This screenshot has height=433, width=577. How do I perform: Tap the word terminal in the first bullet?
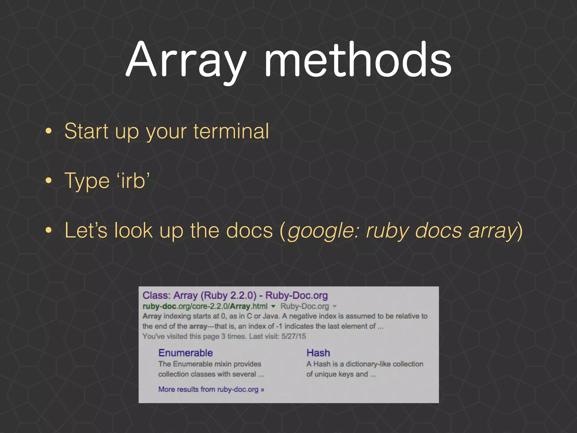pyautogui.click(x=231, y=131)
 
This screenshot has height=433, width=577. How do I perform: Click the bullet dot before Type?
pyautogui.click(x=49, y=181)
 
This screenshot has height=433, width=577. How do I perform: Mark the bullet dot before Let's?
pyautogui.click(x=49, y=230)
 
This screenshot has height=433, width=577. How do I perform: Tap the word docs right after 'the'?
pyautogui.click(x=249, y=231)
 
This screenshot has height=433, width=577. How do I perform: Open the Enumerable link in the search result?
pyautogui.click(x=185, y=353)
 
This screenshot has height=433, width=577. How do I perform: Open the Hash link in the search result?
pyautogui.click(x=318, y=353)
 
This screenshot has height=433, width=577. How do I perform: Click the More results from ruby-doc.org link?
pyautogui.click(x=211, y=389)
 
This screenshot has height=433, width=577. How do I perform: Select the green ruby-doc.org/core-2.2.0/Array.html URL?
pyautogui.click(x=205, y=306)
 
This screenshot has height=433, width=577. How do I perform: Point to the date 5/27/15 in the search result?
pyautogui.click(x=294, y=336)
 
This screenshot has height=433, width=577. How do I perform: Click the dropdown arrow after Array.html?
pyautogui.click(x=273, y=306)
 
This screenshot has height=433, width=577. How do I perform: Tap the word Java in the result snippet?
pyautogui.click(x=271, y=316)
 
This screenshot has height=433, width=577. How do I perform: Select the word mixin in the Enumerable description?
pyautogui.click(x=223, y=364)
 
